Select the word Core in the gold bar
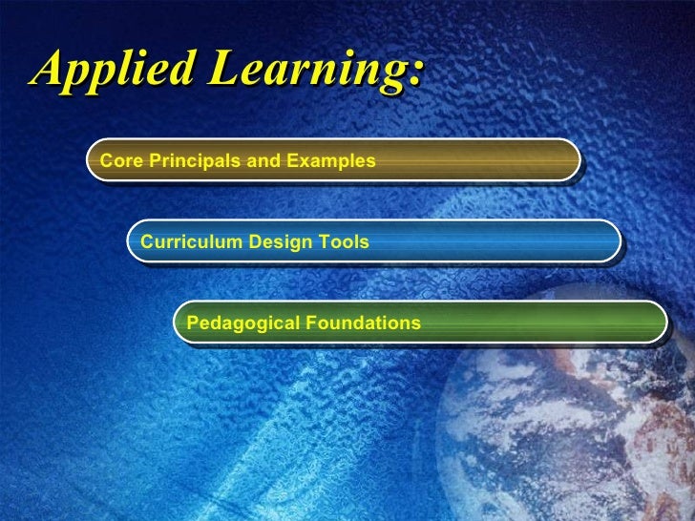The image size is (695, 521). [x=116, y=161]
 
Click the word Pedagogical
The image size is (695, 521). [x=242, y=323]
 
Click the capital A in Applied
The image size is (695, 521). [x=49, y=70]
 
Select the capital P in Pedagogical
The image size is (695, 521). [x=193, y=323]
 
